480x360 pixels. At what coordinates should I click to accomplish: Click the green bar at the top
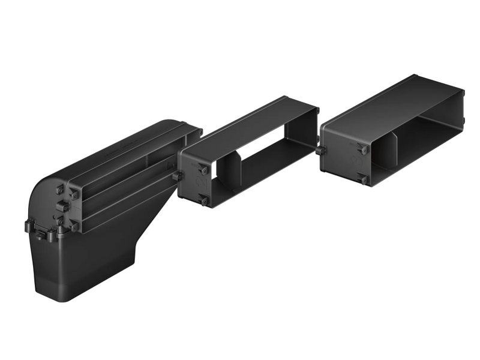point(240,17)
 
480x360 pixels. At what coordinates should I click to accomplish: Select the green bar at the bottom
point(240,343)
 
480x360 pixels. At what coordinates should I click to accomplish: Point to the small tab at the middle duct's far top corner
point(317,110)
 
